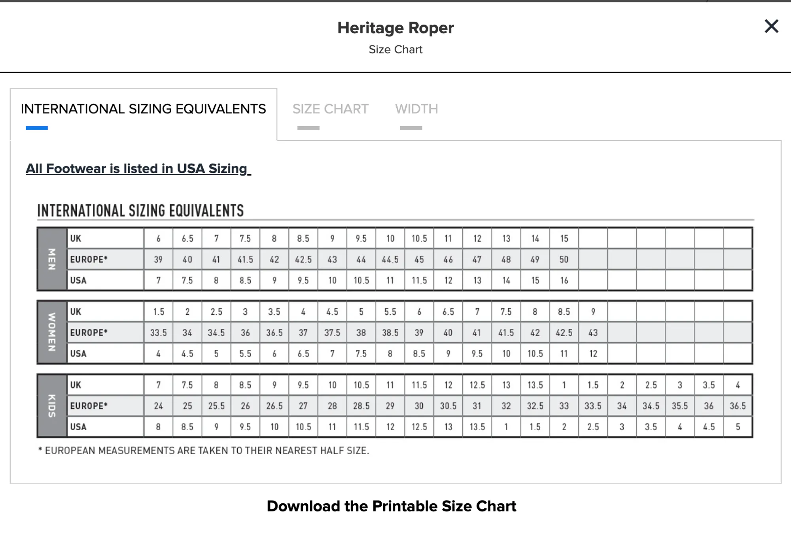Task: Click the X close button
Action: pos(771,26)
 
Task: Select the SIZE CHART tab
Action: pos(330,109)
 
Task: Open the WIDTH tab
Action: pos(416,109)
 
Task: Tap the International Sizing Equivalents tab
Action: pos(143,109)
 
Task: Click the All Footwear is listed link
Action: pos(138,169)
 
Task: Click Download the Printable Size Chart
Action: pos(391,506)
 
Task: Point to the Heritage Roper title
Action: pos(395,28)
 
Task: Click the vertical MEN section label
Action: pos(52,259)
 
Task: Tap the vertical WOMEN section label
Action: pos(52,332)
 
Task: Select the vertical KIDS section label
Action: pos(52,406)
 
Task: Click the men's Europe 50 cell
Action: pos(564,260)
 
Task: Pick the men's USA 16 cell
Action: pos(564,281)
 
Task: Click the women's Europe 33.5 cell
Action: pos(158,333)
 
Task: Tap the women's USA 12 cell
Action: pos(593,354)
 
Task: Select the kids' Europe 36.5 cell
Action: pos(738,406)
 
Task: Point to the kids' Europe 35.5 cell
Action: pos(680,406)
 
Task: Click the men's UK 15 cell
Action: pos(564,239)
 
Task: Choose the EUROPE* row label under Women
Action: pos(89,333)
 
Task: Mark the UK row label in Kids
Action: pos(76,385)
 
